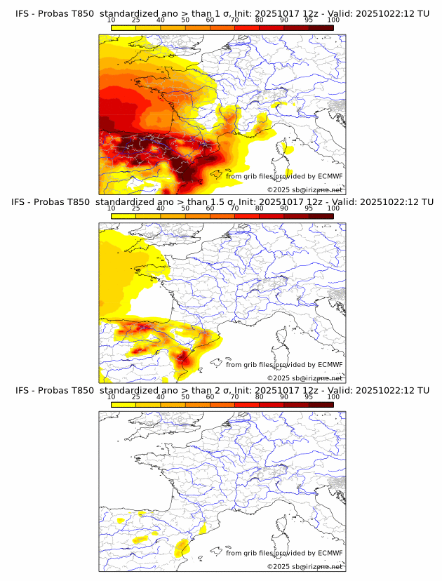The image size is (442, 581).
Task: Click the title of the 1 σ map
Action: point(222,13)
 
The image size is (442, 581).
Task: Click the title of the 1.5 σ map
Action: point(222,202)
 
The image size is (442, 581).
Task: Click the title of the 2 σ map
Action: point(222,390)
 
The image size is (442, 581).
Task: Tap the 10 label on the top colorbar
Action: point(112,20)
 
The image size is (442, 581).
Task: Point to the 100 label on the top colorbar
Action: point(333,20)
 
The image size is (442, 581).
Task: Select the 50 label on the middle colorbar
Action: point(185,208)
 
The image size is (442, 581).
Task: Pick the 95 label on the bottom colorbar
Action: point(309,396)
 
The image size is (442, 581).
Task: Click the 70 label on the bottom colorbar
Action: point(234,396)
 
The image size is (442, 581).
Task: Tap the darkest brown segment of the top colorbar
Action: point(321,27)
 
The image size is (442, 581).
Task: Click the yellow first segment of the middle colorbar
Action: point(123,216)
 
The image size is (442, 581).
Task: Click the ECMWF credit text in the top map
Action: point(284,176)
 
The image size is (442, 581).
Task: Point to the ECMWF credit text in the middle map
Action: point(284,364)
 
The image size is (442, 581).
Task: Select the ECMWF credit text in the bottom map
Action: point(284,553)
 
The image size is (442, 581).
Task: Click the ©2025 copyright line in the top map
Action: point(304,189)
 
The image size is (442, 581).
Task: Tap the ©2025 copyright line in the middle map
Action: point(304,378)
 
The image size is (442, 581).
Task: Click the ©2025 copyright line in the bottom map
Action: point(304,566)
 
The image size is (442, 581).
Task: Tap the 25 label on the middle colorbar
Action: point(136,208)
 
